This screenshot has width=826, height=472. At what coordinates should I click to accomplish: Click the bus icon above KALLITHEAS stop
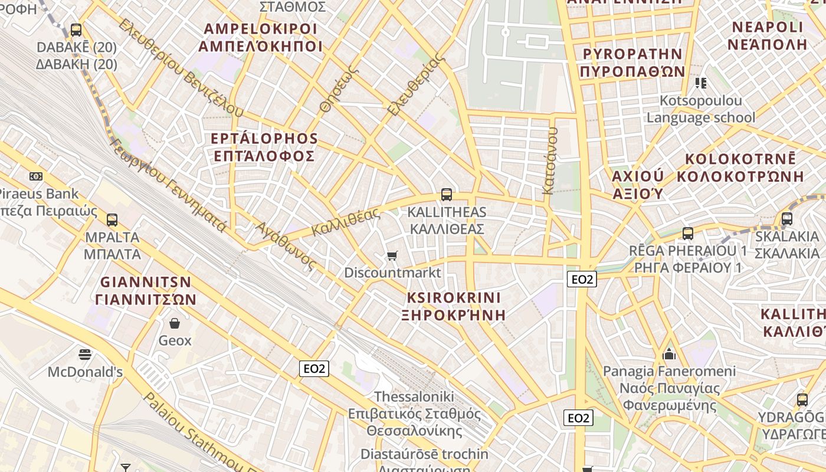pos(447,195)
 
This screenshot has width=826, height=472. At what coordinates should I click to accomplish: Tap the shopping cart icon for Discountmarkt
pos(392,255)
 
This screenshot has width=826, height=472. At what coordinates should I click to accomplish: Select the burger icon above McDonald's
pos(85,355)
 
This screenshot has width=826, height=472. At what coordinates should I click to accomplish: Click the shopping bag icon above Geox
pos(175,323)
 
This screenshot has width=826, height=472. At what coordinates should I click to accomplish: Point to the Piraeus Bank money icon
pos(36,176)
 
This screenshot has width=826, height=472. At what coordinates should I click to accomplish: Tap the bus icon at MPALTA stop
pos(112,220)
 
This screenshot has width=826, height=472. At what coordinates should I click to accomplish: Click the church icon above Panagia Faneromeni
pos(669,354)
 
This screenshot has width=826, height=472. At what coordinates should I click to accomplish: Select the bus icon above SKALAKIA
pos(787,219)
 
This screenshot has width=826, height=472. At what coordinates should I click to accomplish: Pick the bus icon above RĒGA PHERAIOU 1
pos(688,234)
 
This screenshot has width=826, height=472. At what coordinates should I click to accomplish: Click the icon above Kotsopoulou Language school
pos(701,83)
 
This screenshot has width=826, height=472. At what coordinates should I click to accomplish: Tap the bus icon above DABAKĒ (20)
pos(76,29)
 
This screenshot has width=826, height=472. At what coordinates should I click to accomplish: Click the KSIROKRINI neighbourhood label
pos(454,297)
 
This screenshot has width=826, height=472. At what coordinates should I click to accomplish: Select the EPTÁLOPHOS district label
pos(264,139)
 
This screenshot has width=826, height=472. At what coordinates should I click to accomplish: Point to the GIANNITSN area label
pos(146,282)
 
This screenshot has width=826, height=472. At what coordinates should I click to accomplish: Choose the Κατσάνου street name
pos(550,160)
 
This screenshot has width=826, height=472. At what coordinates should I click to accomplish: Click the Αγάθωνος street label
pos(286,246)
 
